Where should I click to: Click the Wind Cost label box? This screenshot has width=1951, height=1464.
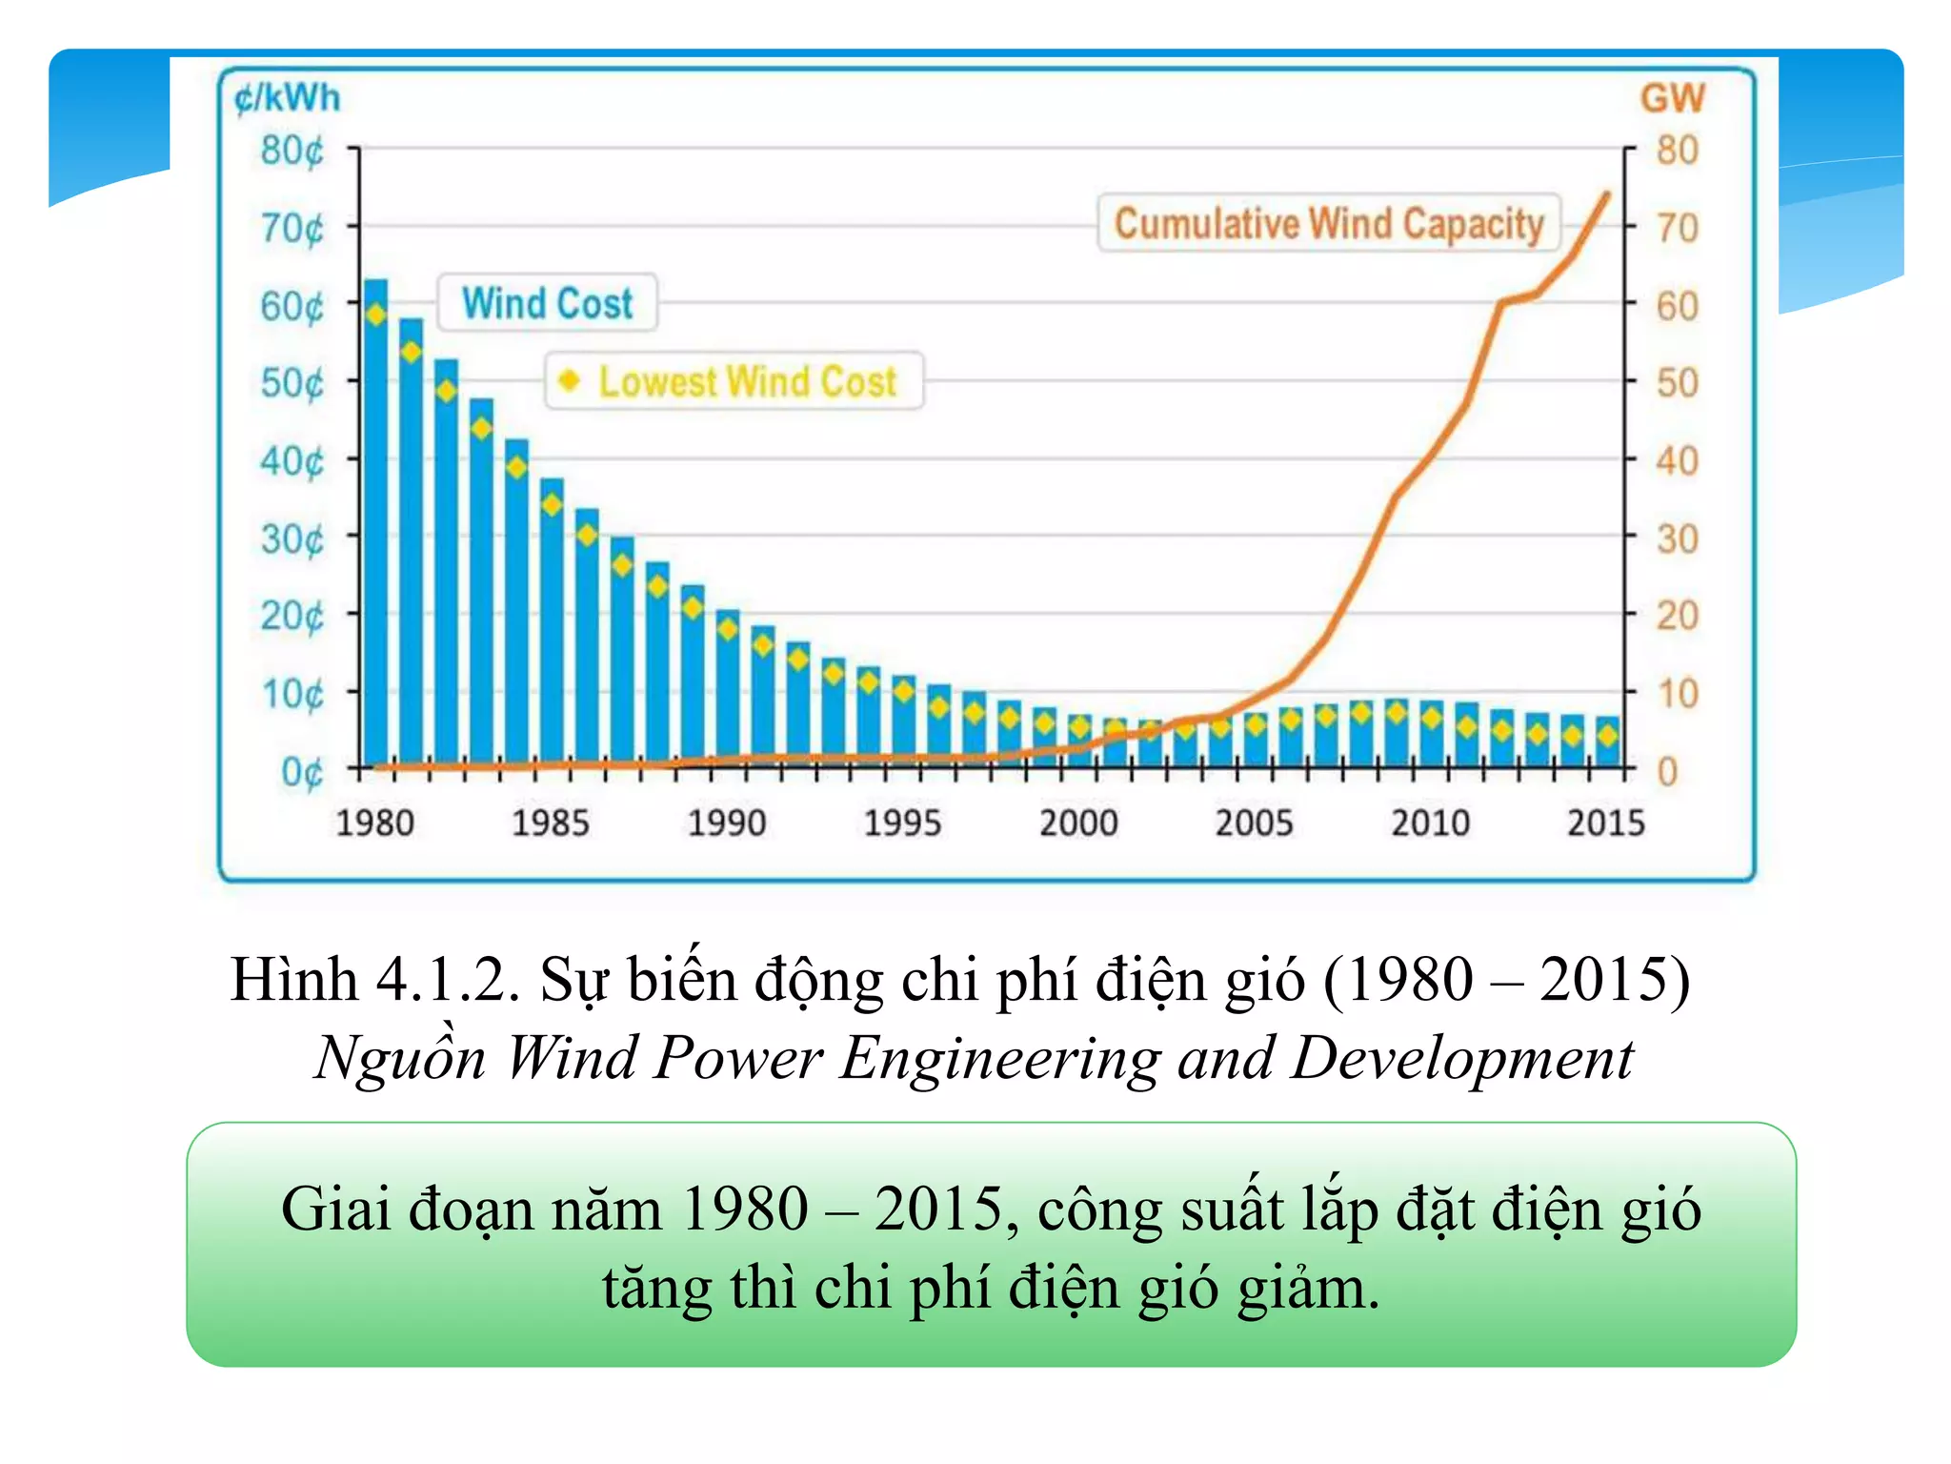[547, 303]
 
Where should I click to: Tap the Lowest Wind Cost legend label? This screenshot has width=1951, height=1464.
[747, 381]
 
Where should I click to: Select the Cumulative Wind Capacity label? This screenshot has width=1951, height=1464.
[1328, 224]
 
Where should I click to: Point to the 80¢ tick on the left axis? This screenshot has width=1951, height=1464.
[292, 151]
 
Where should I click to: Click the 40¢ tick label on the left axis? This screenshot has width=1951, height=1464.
[292, 461]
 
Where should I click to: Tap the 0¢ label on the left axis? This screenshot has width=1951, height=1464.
[302, 771]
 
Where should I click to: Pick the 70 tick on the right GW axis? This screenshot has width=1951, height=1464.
[1677, 229]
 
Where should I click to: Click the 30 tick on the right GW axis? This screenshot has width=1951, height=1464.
[1677, 539]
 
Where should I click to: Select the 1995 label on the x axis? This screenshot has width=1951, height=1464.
[901, 823]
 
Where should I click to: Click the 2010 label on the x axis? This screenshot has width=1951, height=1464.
[1430, 823]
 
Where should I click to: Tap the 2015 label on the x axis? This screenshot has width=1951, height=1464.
[1606, 823]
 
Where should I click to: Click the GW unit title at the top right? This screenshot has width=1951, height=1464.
[1672, 98]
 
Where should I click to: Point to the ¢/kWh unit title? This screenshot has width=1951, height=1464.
[287, 98]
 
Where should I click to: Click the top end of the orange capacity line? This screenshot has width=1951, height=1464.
[1607, 195]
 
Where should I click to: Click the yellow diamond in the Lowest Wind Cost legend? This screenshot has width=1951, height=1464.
[570, 380]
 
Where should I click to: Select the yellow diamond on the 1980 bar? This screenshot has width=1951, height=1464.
[376, 315]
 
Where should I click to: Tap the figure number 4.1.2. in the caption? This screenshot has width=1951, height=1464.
[448, 980]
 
